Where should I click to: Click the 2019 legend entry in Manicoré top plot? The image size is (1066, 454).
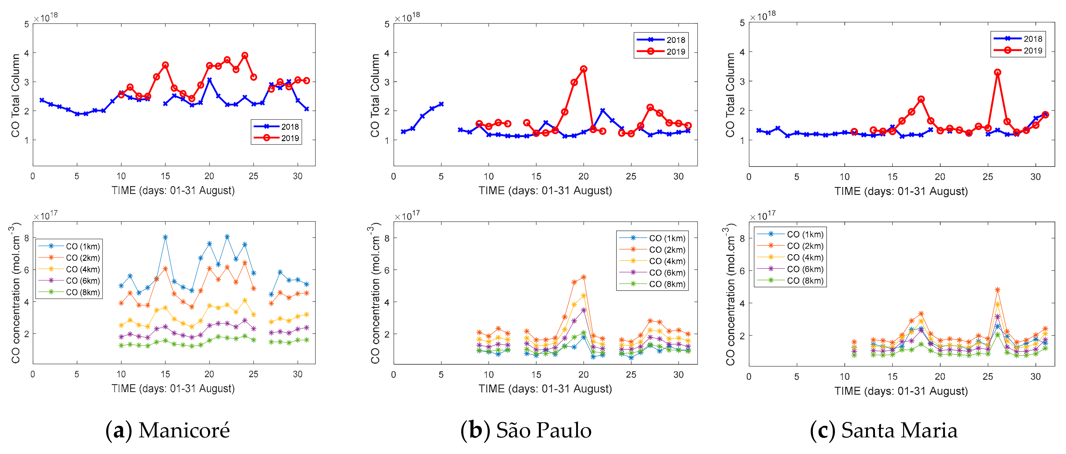[277, 138]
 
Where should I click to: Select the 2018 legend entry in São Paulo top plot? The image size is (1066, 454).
[661, 40]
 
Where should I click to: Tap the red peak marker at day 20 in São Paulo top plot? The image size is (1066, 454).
[583, 69]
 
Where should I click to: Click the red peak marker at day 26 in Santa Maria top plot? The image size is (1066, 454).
[998, 72]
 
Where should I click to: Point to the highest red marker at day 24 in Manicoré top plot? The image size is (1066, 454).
[244, 56]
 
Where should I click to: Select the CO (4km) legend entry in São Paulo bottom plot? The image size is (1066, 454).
[653, 261]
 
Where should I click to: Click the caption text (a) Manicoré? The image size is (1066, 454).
[167, 430]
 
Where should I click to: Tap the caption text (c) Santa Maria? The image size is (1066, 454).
[883, 430]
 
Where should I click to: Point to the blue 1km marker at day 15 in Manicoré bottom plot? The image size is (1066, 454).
[165, 237]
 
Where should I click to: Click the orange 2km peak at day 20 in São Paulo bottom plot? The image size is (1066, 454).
[583, 277]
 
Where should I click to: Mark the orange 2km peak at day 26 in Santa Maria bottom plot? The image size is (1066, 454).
[998, 290]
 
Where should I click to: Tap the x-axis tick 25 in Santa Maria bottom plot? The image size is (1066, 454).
[988, 377]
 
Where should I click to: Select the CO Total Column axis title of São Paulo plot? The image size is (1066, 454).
[375, 95]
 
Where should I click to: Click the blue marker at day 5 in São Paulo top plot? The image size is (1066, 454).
[441, 104]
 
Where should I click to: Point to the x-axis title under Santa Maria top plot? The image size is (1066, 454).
[901, 191]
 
